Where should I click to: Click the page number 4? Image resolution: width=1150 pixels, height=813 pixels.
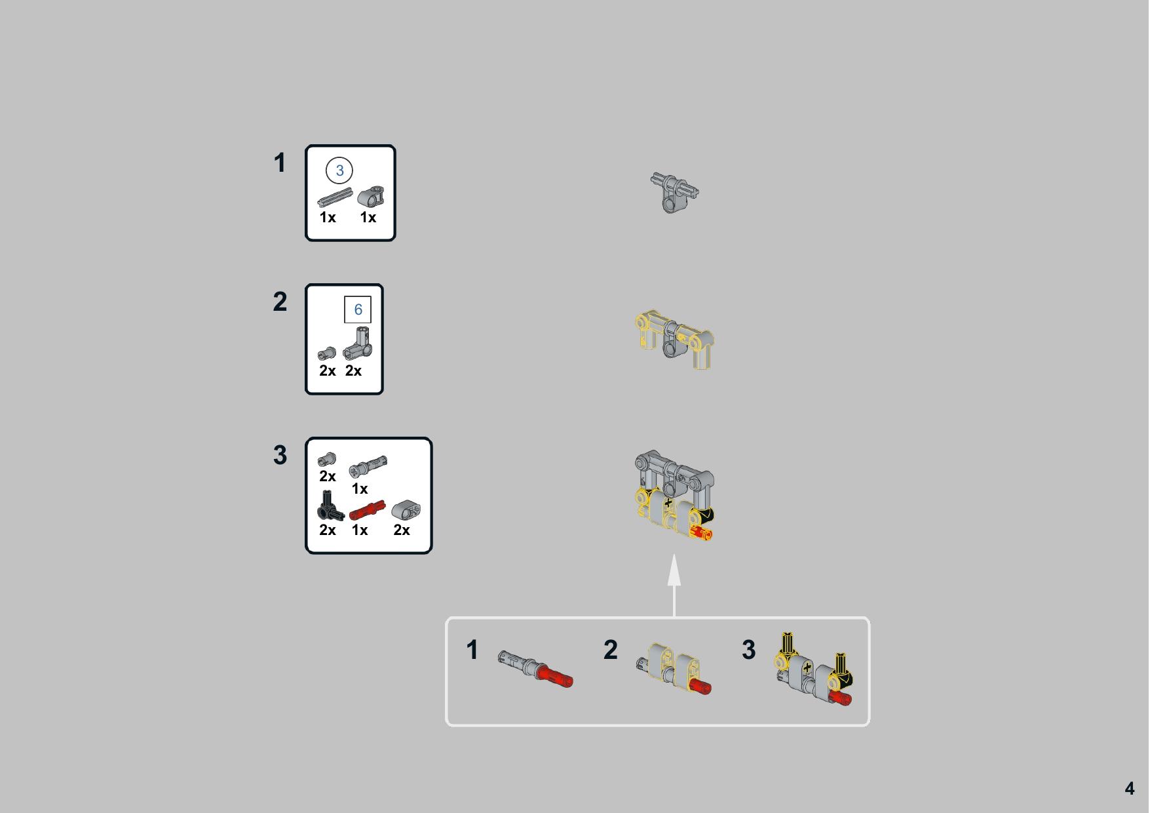pyautogui.click(x=1129, y=788)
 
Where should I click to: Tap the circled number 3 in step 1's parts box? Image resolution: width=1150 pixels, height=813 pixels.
pyautogui.click(x=339, y=170)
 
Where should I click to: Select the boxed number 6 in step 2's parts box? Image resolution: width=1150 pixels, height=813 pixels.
pyautogui.click(x=358, y=309)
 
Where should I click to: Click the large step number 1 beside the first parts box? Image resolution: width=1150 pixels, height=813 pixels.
pyautogui.click(x=280, y=163)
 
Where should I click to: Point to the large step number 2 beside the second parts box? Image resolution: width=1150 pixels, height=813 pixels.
pyautogui.click(x=280, y=302)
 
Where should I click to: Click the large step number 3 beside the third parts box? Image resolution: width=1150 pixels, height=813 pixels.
pyautogui.click(x=280, y=455)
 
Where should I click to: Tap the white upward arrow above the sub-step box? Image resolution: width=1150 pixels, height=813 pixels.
pyautogui.click(x=674, y=585)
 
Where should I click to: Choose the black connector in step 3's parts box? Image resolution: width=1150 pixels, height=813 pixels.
pyautogui.click(x=330, y=506)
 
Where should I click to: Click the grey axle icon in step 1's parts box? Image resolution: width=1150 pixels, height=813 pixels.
pyautogui.click(x=335, y=197)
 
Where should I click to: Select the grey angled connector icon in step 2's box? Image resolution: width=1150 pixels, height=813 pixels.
pyautogui.click(x=358, y=344)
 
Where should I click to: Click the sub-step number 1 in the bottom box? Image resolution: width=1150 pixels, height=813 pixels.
pyautogui.click(x=472, y=650)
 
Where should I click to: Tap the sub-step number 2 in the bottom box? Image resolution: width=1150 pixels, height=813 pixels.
pyautogui.click(x=610, y=650)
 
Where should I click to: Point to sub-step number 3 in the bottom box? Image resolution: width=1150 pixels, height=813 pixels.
pyautogui.click(x=748, y=650)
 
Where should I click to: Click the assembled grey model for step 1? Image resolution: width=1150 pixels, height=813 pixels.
pyautogui.click(x=674, y=192)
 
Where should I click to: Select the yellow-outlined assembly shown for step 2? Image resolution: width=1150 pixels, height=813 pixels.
pyautogui.click(x=674, y=340)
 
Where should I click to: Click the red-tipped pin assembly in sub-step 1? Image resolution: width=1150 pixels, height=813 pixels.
pyautogui.click(x=535, y=669)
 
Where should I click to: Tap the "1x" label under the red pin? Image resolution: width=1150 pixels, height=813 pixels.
pyautogui.click(x=360, y=530)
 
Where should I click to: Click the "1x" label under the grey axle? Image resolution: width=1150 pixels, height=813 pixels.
pyautogui.click(x=328, y=218)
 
